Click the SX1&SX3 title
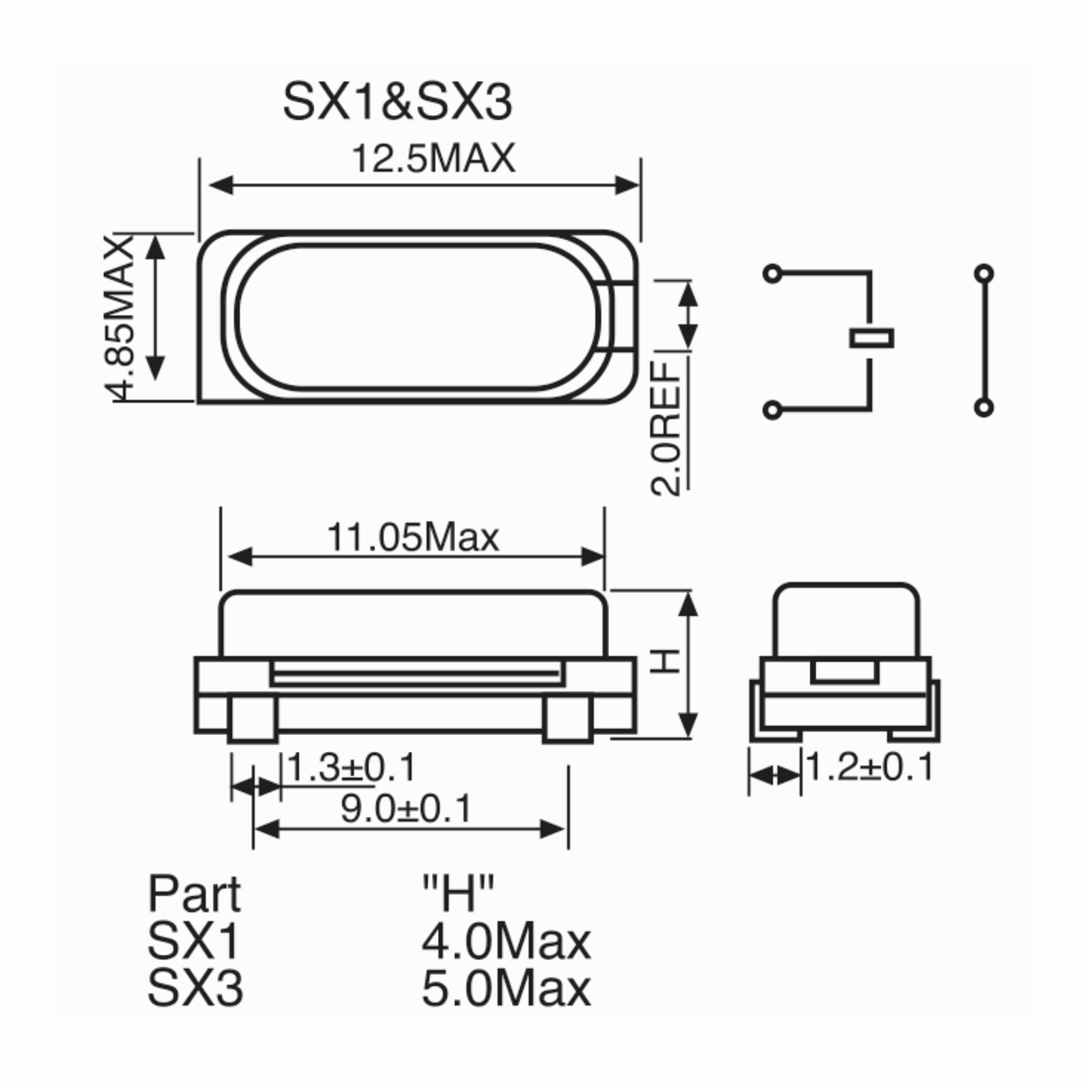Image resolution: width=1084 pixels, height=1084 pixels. (397, 103)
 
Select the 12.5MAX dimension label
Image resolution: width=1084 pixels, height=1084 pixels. (433, 159)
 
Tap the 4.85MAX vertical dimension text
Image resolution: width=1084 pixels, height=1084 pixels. (120, 318)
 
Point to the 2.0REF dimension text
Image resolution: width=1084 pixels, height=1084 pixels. (666, 428)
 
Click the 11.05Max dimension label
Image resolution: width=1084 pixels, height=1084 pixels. (412, 537)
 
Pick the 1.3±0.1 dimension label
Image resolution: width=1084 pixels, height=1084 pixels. (352, 767)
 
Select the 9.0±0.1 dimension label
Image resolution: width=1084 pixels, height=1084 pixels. (406, 809)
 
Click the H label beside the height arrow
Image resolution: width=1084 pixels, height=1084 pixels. (666, 662)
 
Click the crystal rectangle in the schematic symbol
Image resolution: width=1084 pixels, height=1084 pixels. (871, 339)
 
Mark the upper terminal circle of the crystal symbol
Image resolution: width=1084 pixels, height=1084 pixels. (773, 274)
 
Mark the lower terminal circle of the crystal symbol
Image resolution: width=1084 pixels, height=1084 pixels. (773, 411)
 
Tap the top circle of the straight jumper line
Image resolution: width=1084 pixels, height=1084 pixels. (984, 274)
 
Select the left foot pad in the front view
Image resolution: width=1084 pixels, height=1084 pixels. (253, 720)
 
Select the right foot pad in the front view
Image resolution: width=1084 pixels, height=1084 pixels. (568, 720)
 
